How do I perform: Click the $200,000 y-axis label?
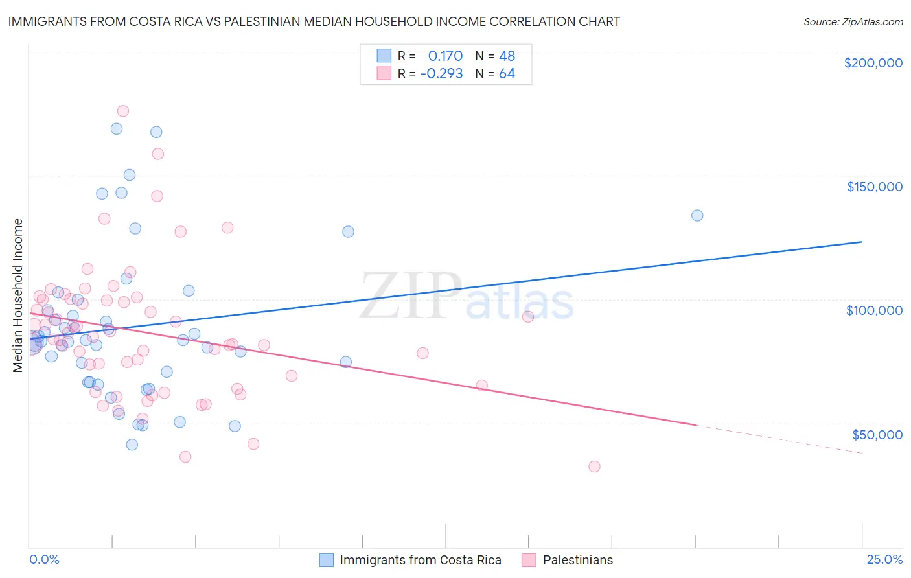click(873, 63)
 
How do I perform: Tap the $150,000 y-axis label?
click(874, 187)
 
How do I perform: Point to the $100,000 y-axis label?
click(874, 310)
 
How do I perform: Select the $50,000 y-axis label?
click(877, 434)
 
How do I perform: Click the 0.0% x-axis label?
click(44, 559)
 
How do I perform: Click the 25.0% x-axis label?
click(884, 559)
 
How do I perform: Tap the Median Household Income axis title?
click(18, 295)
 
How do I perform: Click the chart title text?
click(314, 21)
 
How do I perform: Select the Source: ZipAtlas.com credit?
click(853, 22)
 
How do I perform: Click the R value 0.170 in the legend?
click(445, 56)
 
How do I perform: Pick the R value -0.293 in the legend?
click(441, 73)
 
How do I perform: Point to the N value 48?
click(507, 56)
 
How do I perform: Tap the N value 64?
click(507, 73)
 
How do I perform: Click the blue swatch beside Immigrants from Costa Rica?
click(327, 560)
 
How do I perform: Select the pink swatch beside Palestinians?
click(529, 560)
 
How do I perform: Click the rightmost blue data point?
click(697, 215)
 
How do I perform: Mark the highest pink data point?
click(122, 111)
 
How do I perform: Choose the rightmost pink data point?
click(594, 467)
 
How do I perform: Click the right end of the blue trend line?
click(861, 242)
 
